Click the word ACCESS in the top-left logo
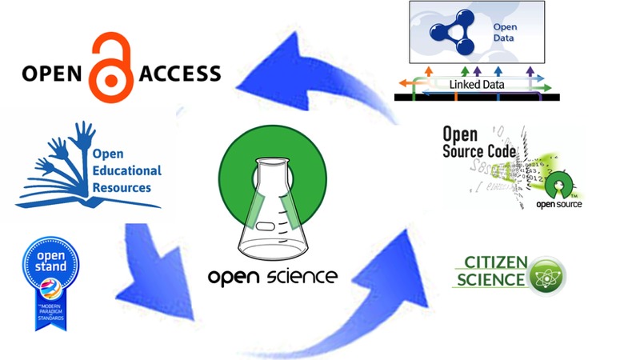[x=180, y=74]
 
